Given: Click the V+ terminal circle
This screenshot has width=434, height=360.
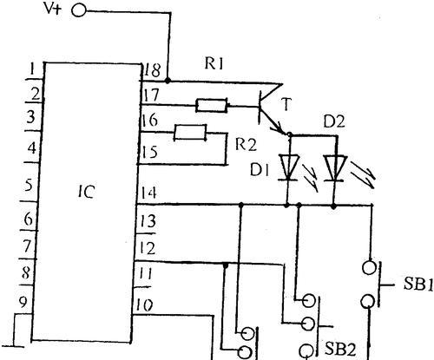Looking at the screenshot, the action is pos(79,10).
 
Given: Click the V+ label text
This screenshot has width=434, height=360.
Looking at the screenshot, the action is pos(53,9).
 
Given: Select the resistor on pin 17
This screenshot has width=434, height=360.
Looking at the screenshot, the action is pos(212,106).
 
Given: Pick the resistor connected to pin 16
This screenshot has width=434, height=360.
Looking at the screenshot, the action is pos(190,133).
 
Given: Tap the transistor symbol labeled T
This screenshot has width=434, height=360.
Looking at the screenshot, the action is pos(271,108).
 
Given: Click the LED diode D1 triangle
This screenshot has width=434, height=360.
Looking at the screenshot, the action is pos(288,167).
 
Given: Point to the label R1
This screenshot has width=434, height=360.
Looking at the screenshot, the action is pos(214,63).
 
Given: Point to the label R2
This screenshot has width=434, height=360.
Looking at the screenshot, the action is pos(246,144).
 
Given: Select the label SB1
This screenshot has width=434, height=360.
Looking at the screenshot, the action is pos(418,285).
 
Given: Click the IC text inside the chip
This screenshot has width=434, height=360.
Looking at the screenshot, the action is pos(86,192).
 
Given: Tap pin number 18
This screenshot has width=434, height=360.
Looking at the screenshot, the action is pos(152,70).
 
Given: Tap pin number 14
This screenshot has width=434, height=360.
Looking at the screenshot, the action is pos(149,193).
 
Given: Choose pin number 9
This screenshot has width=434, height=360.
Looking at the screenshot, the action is pos(23,302).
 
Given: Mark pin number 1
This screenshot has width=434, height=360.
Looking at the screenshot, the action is pos(33,69).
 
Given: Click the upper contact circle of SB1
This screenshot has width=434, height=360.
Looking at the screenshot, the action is pos(369,267).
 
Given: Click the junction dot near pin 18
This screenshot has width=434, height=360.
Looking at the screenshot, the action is pos(168,81).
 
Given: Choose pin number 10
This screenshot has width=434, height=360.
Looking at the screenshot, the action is pos(144,305).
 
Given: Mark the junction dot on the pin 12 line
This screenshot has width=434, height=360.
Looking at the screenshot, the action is pos(226,264).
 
